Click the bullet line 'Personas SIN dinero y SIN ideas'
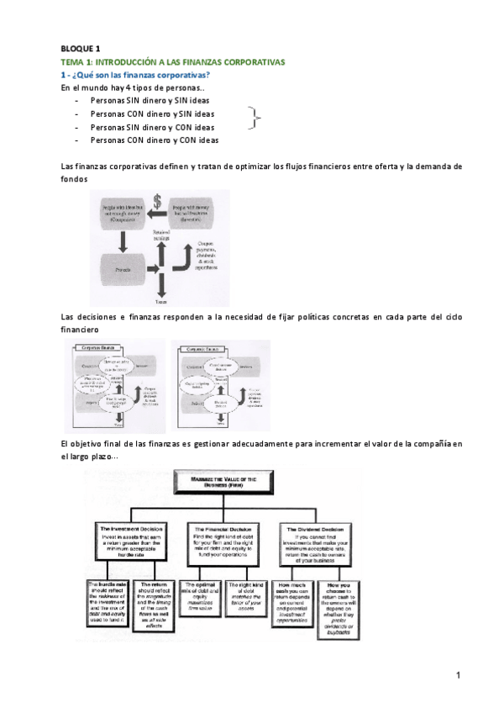(151, 99)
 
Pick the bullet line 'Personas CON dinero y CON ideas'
(154, 140)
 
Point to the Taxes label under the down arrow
(160, 300)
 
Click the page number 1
(459, 675)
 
